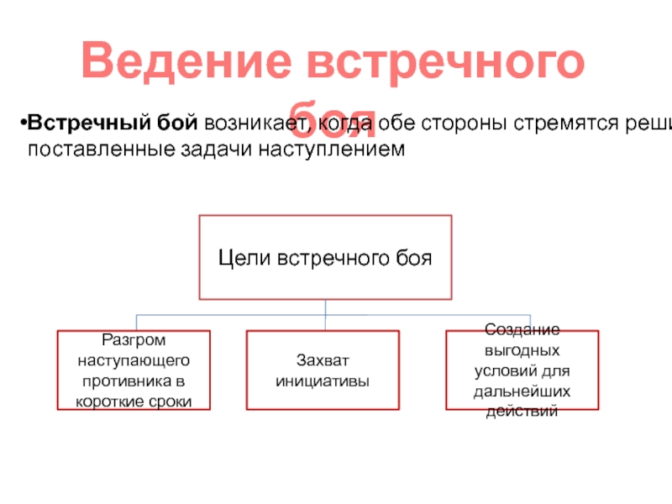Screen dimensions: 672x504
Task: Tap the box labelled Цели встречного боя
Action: tap(325, 257)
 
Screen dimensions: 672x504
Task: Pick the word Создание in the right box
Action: tap(522, 330)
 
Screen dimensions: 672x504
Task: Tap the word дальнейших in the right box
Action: tap(522, 391)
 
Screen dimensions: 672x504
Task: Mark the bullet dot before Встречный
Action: tap(23, 125)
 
